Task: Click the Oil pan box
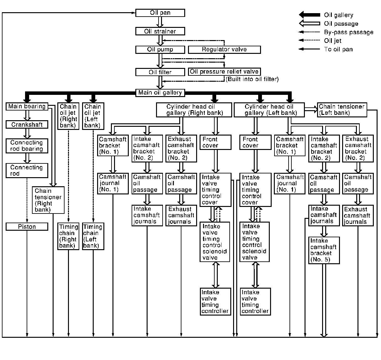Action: pos(160,13)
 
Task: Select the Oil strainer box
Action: pos(160,31)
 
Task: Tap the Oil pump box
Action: pos(160,49)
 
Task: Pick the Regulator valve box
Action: pos(224,49)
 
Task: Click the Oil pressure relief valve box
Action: pos(224,72)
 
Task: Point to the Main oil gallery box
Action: pos(160,93)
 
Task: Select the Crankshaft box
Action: pos(27,125)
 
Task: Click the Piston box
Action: pos(27,227)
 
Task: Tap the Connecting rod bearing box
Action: pos(27,146)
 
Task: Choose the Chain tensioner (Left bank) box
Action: pos(342,110)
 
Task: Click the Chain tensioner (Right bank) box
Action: pos(48,200)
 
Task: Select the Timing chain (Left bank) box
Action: pos(93,236)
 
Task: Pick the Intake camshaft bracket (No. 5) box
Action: pos(324,250)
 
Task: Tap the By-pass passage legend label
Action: pos(349,32)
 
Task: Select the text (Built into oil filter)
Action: pos(252,79)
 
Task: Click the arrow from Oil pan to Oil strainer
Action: pos(160,22)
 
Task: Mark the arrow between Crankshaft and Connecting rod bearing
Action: pos(27,133)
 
